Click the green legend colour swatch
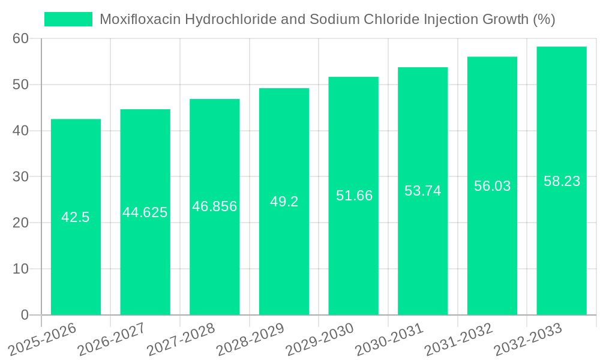pos(68,19)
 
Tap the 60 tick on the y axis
pos(20,39)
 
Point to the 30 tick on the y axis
pos(20,177)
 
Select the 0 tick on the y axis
pos(25,315)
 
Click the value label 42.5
pos(76,217)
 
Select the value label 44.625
pos(145,212)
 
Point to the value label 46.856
pos(215,206)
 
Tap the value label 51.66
pos(354,196)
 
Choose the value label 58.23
pos(562,181)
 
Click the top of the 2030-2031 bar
pos(423,68)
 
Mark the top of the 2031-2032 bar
pos(492,58)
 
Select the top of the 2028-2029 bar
pos(284,89)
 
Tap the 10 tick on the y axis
pos(20,269)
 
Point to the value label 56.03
pos(493,186)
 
